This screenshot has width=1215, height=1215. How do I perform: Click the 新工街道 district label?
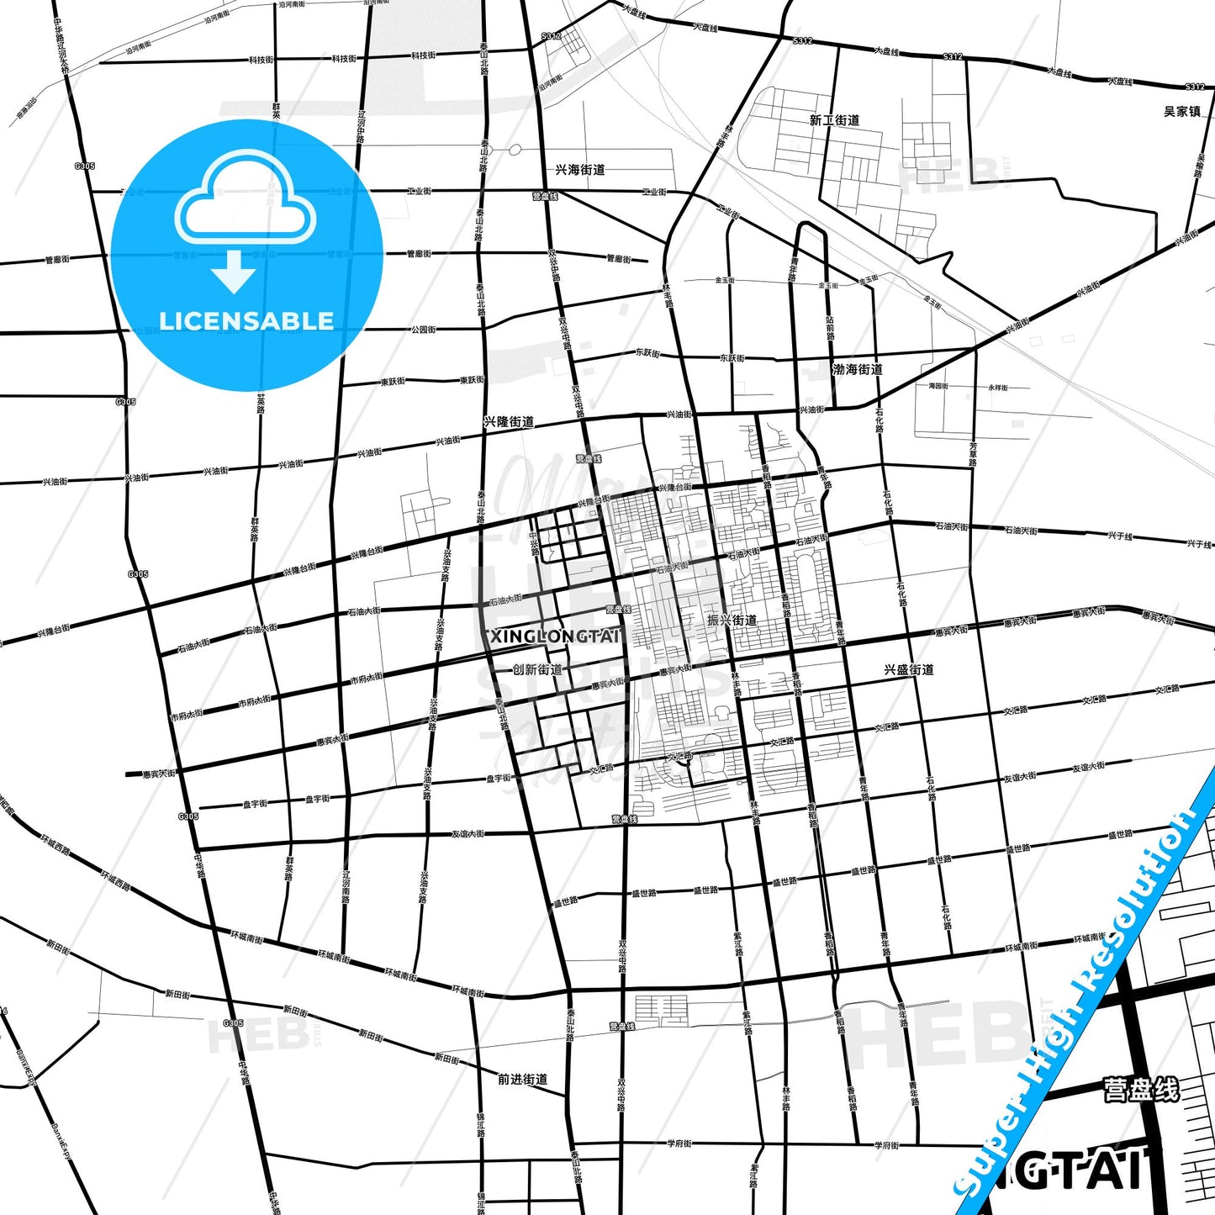pyautogui.click(x=834, y=120)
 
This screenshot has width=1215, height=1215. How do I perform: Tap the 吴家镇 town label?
pyautogui.click(x=1181, y=111)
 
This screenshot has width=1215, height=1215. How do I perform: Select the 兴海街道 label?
pyautogui.click(x=580, y=170)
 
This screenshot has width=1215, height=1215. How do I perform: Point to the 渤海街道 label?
pyautogui.click(x=857, y=369)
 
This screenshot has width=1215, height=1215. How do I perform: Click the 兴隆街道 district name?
pyautogui.click(x=509, y=422)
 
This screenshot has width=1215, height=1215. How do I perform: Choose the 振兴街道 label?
pyautogui.click(x=732, y=621)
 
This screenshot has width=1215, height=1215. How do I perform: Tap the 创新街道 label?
pyautogui.click(x=537, y=669)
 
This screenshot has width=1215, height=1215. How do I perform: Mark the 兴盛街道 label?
pyautogui.click(x=909, y=670)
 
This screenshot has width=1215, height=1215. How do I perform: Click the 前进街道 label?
pyautogui.click(x=522, y=1079)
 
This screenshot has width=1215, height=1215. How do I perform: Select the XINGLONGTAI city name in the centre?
pyautogui.click(x=555, y=637)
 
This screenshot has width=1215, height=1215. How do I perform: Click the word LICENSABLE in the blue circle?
pyautogui.click(x=246, y=321)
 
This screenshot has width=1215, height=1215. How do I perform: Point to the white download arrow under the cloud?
pyautogui.click(x=234, y=272)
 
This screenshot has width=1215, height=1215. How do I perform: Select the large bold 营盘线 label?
pyautogui.click(x=1141, y=1091)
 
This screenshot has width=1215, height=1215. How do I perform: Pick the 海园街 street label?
pyautogui.click(x=938, y=386)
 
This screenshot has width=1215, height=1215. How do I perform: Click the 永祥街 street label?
pyautogui.click(x=997, y=388)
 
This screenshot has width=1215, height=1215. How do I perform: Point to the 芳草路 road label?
pyautogui.click(x=973, y=454)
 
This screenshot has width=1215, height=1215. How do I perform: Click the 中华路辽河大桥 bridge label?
pyautogui.click(x=61, y=48)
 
